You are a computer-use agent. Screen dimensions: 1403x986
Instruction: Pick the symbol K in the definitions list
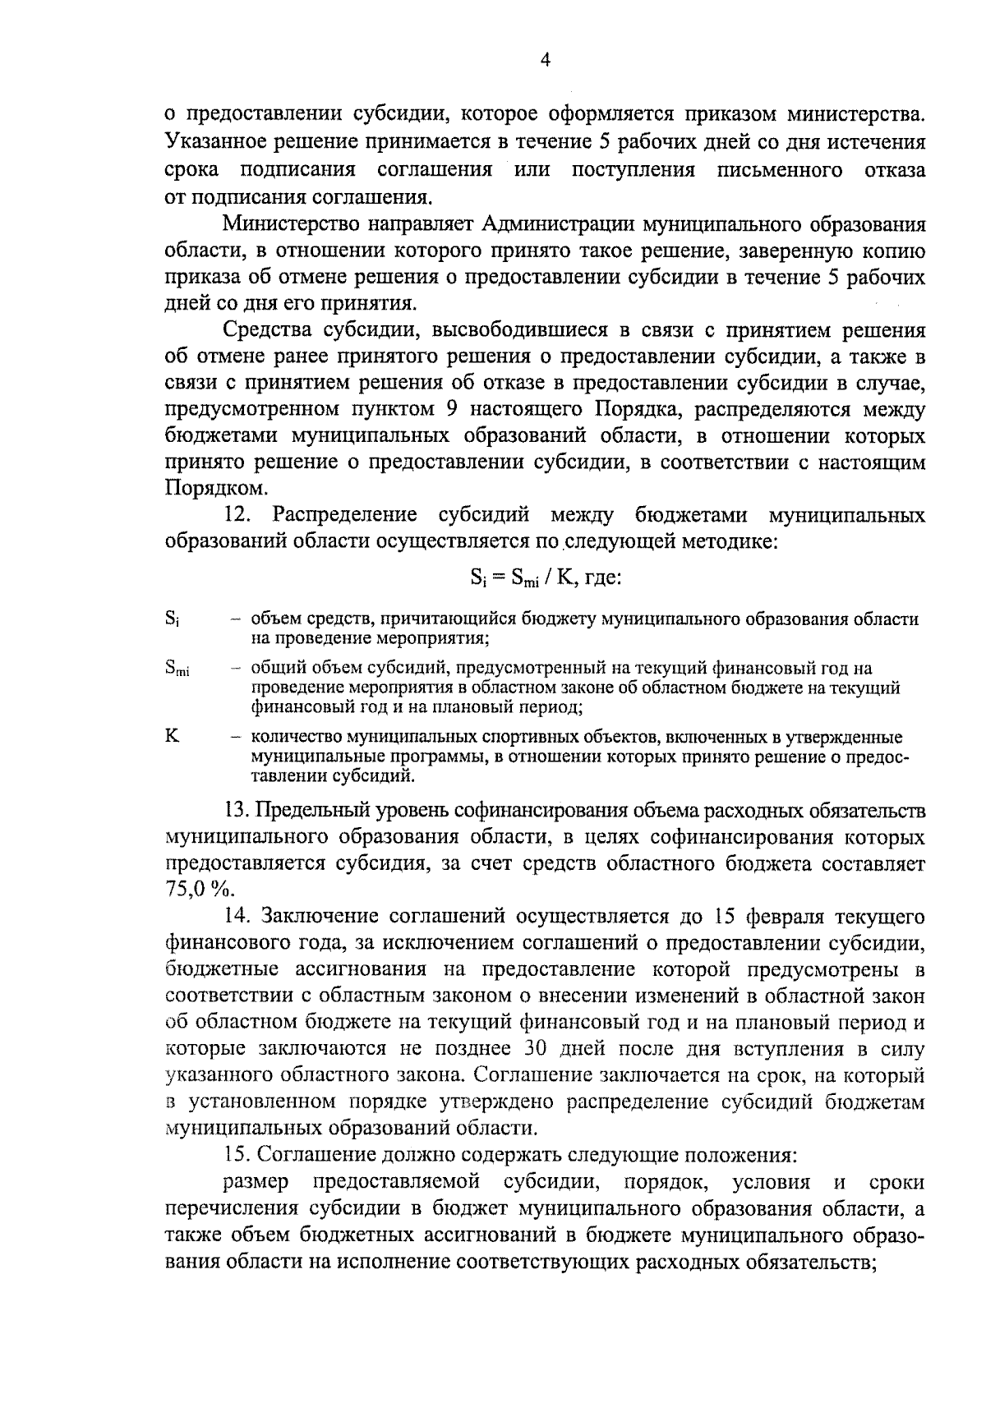click(172, 736)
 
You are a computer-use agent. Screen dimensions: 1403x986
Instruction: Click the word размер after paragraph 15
click(256, 1182)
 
